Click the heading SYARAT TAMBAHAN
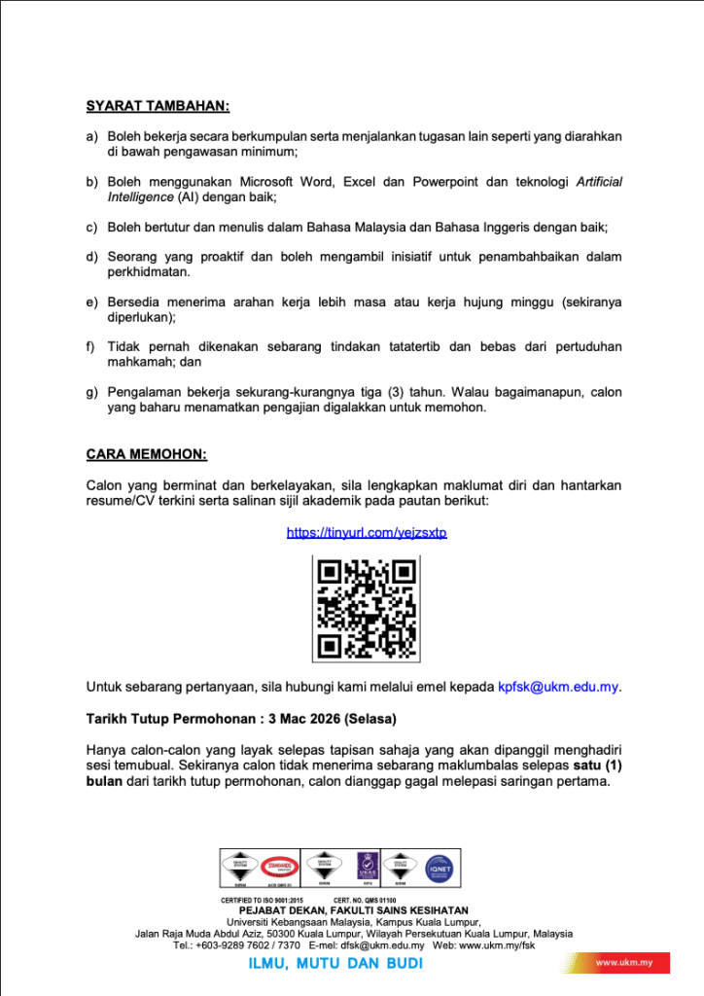[x=158, y=105]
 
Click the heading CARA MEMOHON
[x=146, y=454]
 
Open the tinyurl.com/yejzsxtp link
[x=367, y=533]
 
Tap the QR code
[x=367, y=608]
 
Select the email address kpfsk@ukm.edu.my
[x=558, y=687]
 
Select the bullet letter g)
[x=92, y=392]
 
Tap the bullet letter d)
[x=92, y=257]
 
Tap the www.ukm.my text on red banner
[x=623, y=963]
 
